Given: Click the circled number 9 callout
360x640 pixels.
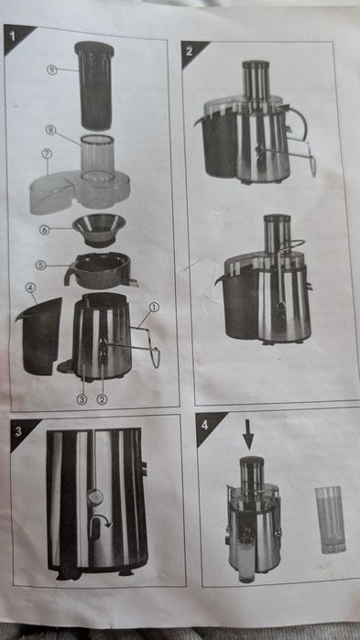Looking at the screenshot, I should point(52,69).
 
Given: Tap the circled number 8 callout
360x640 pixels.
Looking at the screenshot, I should point(51,130).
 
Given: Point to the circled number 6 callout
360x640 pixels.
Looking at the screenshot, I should point(44,230).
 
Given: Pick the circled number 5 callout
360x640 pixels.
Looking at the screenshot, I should point(40,266).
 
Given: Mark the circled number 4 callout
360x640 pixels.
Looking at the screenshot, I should point(30,287).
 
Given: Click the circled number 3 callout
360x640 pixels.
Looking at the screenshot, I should point(82,398).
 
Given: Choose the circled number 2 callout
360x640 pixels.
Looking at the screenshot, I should point(103,398).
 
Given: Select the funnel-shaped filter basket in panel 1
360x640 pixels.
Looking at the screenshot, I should point(100,228).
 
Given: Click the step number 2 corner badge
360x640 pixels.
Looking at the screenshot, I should point(191,51).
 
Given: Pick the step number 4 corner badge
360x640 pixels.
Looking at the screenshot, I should point(205,423).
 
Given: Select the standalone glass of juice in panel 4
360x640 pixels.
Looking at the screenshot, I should point(330,519).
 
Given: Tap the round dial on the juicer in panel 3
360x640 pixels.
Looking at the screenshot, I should point(94,497).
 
